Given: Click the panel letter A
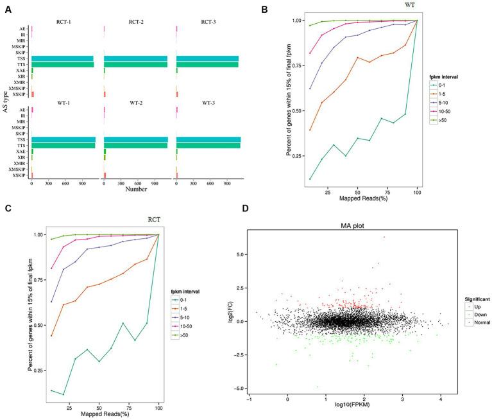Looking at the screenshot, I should [x=6, y=8].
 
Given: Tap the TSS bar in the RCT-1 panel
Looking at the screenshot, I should [x=62, y=58].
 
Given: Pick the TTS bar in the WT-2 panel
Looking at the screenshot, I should [x=135, y=146].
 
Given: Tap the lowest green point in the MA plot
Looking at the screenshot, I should [x=317, y=387].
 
